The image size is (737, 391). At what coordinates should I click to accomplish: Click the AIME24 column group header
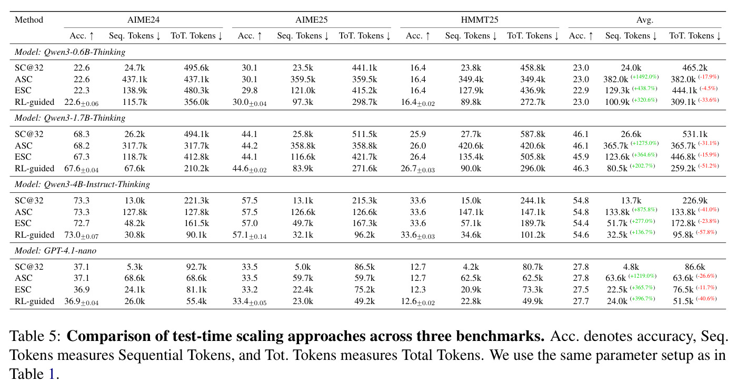[143, 20]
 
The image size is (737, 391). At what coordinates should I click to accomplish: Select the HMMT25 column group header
[480, 20]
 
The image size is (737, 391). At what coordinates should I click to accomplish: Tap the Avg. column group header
[644, 20]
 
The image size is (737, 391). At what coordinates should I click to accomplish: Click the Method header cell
[29, 20]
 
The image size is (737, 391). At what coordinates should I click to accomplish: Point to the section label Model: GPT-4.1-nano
[55, 251]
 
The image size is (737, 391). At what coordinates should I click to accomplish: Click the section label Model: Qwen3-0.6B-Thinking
[69, 52]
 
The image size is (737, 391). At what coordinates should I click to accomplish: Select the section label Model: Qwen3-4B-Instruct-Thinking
[82, 184]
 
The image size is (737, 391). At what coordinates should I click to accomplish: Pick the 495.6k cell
[196, 68]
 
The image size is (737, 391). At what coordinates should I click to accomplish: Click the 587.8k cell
[533, 134]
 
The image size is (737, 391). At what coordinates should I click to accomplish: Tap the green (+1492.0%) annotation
[644, 77]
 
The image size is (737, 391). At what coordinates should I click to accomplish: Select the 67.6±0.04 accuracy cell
[81, 169]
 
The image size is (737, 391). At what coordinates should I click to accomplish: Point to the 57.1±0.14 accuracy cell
[250, 235]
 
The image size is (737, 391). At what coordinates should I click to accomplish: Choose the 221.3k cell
[196, 201]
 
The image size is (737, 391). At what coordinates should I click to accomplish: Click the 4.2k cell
[471, 267]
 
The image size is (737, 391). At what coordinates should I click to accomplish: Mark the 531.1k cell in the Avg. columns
[694, 134]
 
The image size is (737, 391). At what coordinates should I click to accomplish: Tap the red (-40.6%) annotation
[706, 299]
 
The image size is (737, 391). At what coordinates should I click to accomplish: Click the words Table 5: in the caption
[35, 336]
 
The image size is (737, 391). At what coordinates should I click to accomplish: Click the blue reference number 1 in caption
[52, 374]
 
